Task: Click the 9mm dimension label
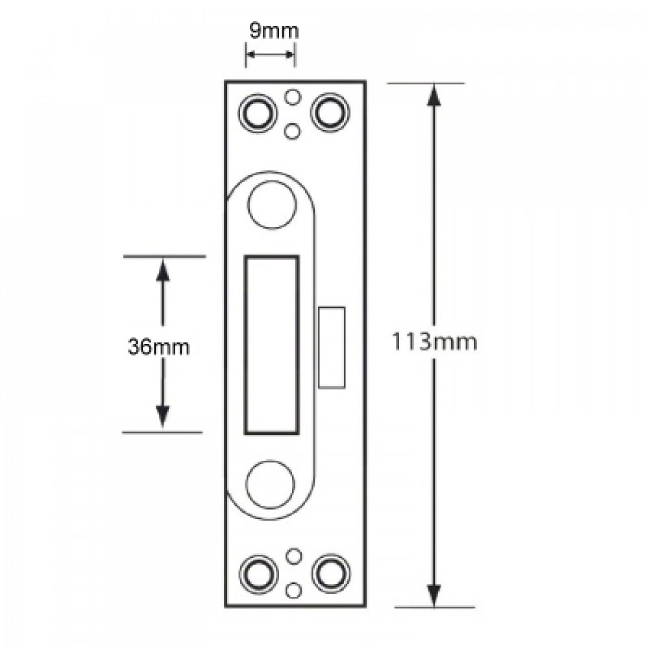[x=270, y=30]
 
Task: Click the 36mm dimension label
[x=158, y=347]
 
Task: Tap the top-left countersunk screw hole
[x=258, y=113]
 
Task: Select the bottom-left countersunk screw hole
[x=258, y=572]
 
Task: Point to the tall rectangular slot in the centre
[x=271, y=345]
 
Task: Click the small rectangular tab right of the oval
[x=332, y=347]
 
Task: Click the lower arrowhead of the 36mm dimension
[x=162, y=418]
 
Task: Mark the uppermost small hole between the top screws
[x=293, y=97]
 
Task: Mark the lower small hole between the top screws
[x=293, y=131]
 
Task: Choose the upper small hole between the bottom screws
[x=294, y=556]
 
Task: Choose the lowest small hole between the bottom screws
[x=294, y=589]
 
